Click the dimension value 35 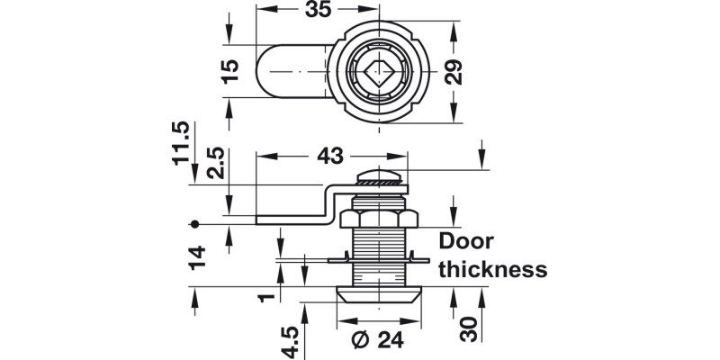(x=318, y=10)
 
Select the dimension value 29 (x=454, y=72)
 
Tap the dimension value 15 (x=230, y=71)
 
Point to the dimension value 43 (x=330, y=157)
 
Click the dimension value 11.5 (x=181, y=143)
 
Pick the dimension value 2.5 (x=216, y=163)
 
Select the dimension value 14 (x=197, y=257)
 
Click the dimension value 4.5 (x=290, y=343)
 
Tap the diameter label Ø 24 (x=377, y=340)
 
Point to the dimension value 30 (x=469, y=329)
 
